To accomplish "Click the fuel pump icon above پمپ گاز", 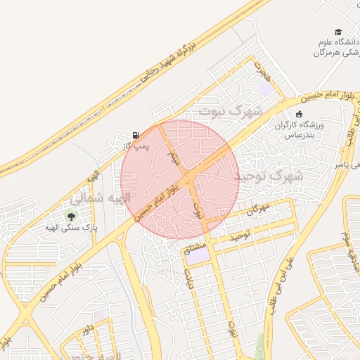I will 135,134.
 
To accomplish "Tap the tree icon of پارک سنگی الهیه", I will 70,215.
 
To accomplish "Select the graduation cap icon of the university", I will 338,32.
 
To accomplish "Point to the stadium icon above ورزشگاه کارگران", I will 300,114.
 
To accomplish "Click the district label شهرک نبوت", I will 230,111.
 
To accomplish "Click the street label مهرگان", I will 259,208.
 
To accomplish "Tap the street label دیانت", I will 188,281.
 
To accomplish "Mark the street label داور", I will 87,330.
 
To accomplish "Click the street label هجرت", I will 262,70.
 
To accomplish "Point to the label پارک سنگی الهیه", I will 71,227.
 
